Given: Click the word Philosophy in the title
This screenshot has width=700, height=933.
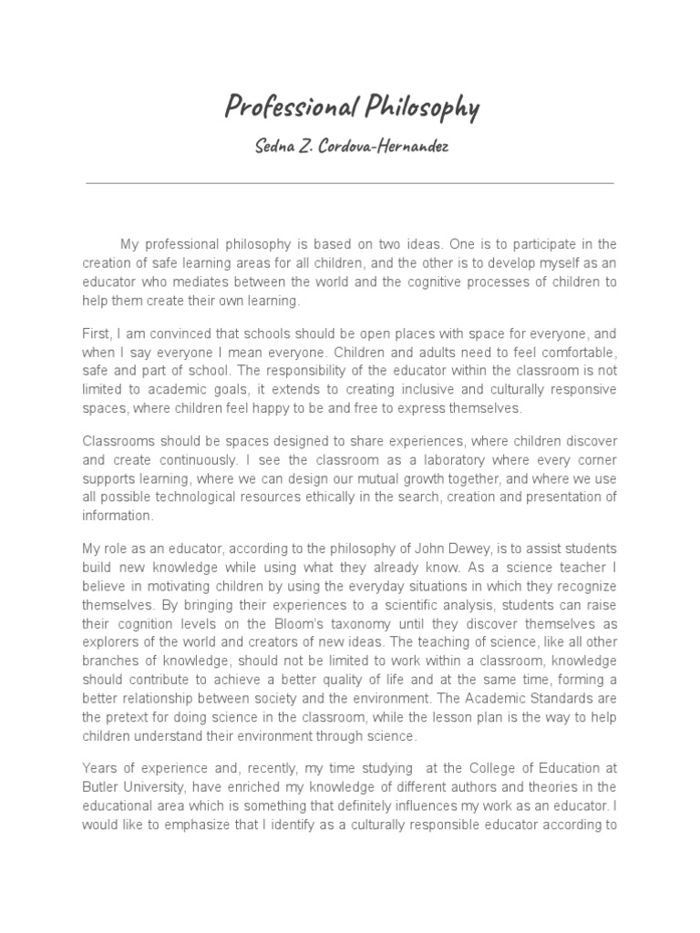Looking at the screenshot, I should click(420, 108).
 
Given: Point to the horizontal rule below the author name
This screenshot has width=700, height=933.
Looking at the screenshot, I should click(350, 183).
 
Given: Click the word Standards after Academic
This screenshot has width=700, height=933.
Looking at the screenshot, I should click(557, 699).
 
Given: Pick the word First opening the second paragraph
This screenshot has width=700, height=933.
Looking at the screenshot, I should click(97, 334).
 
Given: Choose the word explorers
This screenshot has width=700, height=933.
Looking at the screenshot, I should click(111, 642).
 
